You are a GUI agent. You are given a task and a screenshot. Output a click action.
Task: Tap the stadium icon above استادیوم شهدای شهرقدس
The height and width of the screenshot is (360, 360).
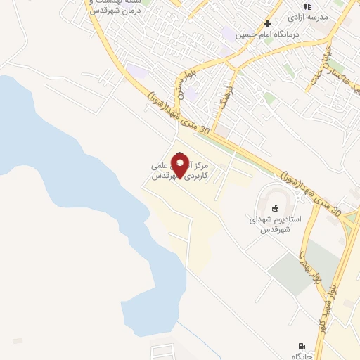275,208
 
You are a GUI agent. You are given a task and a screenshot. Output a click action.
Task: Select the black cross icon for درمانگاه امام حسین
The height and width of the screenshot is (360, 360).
267,23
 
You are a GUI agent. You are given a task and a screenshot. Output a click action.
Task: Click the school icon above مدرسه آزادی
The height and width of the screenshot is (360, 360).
307,6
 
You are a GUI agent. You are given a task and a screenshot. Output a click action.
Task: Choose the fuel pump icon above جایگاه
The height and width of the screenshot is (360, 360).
302,347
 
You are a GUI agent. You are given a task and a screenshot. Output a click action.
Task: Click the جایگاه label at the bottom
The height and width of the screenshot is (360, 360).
302,357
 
